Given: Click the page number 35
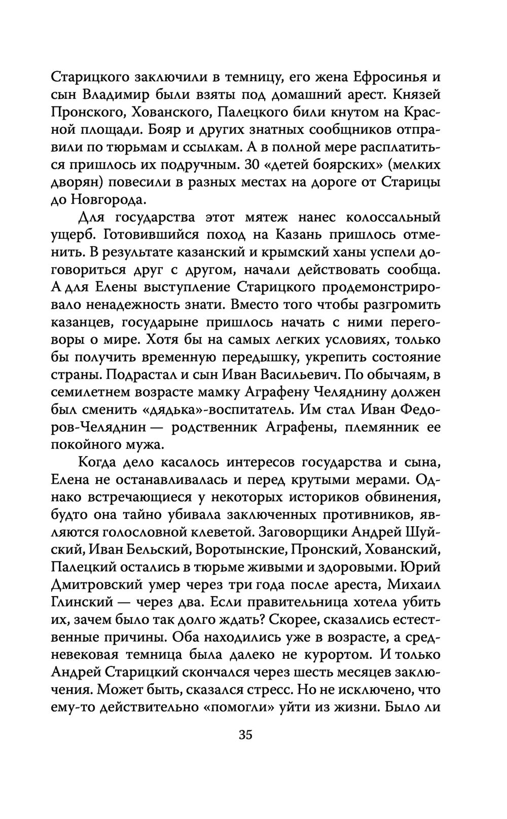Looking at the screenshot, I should [x=245, y=734].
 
